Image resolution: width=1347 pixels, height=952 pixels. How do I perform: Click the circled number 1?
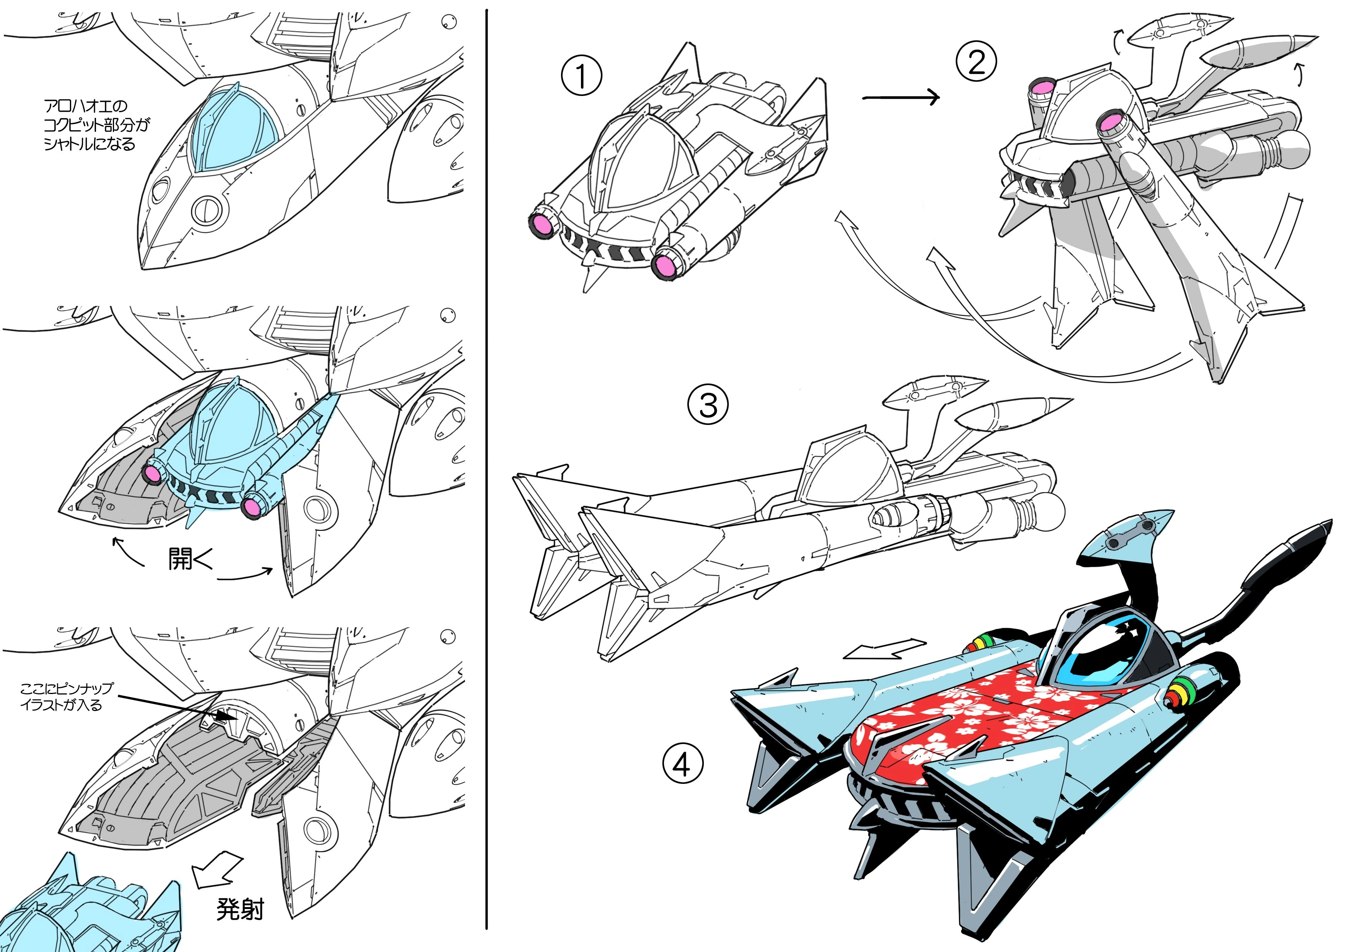pyautogui.click(x=581, y=76)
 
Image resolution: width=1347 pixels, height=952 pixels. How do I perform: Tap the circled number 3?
pyautogui.click(x=708, y=405)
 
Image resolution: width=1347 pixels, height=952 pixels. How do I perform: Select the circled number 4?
pyautogui.click(x=683, y=764)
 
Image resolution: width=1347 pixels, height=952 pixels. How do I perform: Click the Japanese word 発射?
pyautogui.click(x=240, y=909)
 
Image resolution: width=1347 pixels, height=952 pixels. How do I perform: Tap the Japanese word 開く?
pyautogui.click(x=190, y=559)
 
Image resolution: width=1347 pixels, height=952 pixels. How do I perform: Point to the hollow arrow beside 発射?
pyautogui.click(x=217, y=870)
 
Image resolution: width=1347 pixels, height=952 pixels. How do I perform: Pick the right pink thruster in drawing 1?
pyautogui.click(x=667, y=266)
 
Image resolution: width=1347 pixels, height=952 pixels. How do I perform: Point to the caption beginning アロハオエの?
pyautogui.click(x=97, y=125)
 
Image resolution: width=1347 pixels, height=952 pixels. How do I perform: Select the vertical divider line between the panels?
pyautogui.click(x=487, y=469)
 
